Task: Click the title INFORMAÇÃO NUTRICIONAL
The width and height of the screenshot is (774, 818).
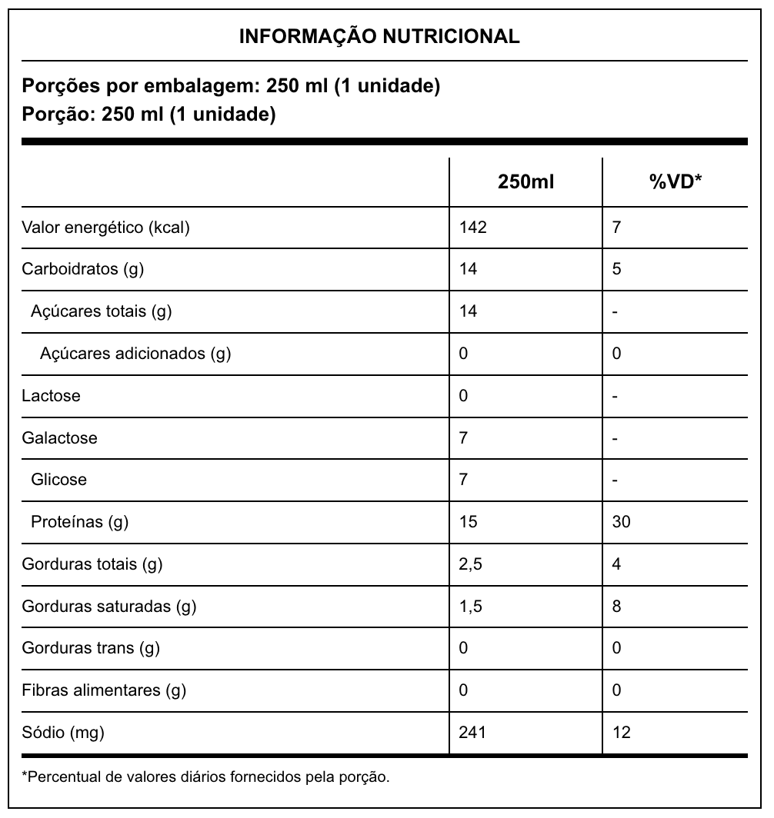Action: click(x=379, y=36)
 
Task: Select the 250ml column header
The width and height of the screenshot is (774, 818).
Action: click(x=525, y=182)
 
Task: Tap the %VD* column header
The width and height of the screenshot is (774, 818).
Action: click(x=676, y=182)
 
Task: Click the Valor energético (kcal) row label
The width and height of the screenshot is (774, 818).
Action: click(x=106, y=228)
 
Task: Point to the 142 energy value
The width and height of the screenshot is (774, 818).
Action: click(x=472, y=228)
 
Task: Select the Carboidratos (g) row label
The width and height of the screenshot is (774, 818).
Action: click(x=83, y=269)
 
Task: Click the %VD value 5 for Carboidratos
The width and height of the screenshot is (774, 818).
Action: click(x=617, y=269)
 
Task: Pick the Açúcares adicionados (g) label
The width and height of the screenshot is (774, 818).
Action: click(x=135, y=354)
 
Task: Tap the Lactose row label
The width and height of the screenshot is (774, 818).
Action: click(x=51, y=396)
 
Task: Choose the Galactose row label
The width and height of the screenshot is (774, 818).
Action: click(x=60, y=438)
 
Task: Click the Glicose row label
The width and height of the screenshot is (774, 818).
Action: click(x=58, y=480)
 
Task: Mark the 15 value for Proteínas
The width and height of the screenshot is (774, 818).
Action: click(x=468, y=522)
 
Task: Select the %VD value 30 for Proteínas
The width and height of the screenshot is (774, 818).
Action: click(x=622, y=522)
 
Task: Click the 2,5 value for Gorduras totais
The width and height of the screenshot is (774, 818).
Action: click(x=470, y=564)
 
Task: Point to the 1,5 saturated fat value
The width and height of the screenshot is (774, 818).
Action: click(x=470, y=607)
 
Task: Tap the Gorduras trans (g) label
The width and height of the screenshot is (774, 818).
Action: click(x=91, y=648)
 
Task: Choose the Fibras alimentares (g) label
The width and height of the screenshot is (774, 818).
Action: click(x=104, y=690)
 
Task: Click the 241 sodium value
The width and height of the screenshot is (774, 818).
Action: click(x=472, y=733)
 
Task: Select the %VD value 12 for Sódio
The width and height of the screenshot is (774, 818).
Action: click(x=622, y=733)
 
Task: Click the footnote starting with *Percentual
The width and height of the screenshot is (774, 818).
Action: click(x=206, y=776)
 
